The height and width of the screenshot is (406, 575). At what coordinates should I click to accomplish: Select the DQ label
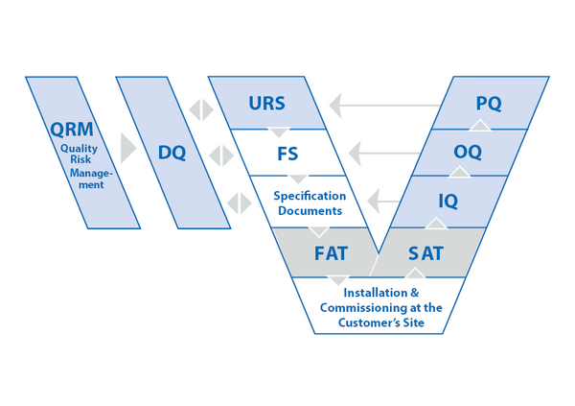[172, 153]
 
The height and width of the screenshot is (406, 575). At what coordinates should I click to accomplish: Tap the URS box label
[266, 103]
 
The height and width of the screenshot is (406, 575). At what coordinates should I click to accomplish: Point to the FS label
[287, 153]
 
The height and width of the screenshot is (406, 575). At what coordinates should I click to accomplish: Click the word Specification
[310, 196]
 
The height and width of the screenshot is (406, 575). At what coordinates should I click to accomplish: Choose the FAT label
[332, 254]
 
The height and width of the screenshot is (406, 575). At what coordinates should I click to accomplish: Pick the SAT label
[425, 254]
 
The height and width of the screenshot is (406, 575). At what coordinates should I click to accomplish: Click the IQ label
[448, 202]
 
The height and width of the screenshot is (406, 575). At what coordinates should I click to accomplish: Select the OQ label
[468, 153]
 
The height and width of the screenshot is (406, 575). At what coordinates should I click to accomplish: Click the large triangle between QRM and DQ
[127, 150]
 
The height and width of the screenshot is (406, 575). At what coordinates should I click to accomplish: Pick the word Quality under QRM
[79, 149]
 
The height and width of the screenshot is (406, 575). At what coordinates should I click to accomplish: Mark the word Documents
[310, 210]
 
